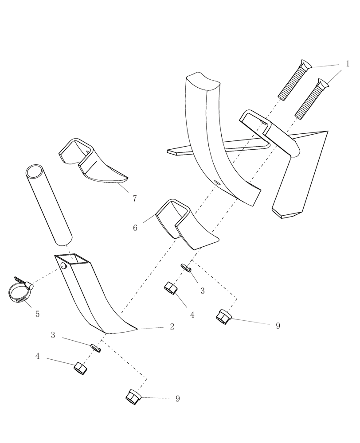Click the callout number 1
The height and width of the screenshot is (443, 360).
point(348,64)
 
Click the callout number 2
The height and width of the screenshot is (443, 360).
point(172,327)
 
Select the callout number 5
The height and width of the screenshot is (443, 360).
point(38,314)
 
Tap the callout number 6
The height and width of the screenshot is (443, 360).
point(135,228)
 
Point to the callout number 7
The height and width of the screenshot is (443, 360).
point(135,199)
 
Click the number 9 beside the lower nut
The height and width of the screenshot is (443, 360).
point(178,399)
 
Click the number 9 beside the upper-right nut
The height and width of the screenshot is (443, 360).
point(278,326)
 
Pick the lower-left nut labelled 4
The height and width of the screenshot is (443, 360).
point(80,368)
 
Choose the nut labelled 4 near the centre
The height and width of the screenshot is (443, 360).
point(171,288)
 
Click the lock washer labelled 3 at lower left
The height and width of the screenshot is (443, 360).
point(96,347)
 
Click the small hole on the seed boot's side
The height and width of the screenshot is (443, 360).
point(63,266)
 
